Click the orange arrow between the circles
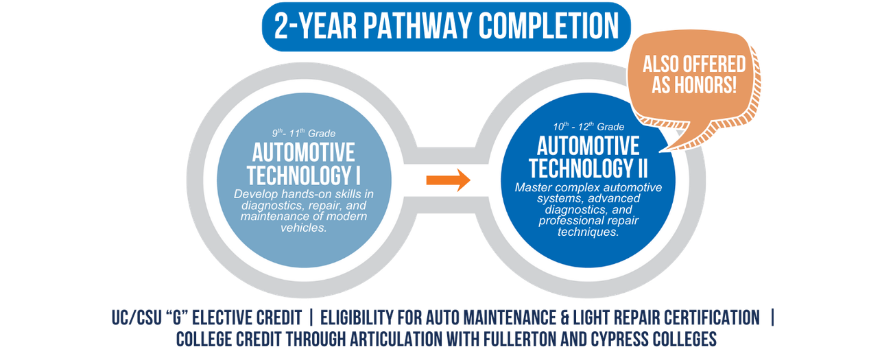click(448, 181)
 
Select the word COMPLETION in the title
click(549, 27)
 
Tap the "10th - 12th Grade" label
click(588, 127)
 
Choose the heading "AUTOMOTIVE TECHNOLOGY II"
click(588, 157)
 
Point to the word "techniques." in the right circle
click(588, 232)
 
